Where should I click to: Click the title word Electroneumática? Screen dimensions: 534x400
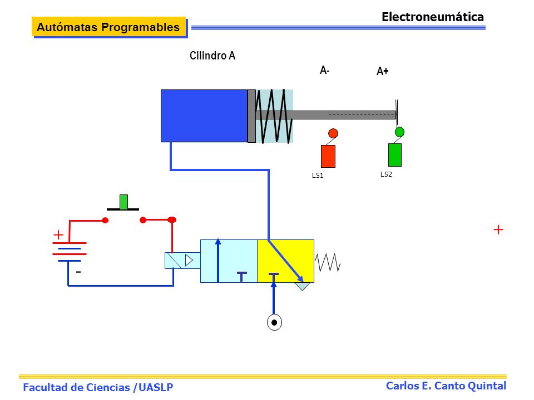tap(433, 17)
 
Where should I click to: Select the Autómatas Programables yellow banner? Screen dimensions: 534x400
tap(108, 27)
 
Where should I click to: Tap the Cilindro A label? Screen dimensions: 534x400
tap(212, 56)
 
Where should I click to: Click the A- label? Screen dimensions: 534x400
tap(324, 70)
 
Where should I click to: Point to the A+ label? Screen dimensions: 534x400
tap(383, 71)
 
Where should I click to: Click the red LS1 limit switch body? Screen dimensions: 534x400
tap(328, 156)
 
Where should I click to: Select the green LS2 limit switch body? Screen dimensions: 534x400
tap(395, 155)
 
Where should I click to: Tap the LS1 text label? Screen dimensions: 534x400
tap(318, 175)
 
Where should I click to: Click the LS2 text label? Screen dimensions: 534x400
tap(386, 174)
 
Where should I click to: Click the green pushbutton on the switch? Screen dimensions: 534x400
tap(123, 202)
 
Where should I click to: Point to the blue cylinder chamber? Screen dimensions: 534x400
tap(204, 116)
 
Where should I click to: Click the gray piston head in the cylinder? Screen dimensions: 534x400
tap(251, 116)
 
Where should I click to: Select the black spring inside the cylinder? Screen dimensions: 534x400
tap(274, 116)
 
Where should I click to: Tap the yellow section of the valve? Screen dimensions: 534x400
tap(285, 261)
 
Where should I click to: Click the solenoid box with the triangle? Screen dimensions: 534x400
tap(182, 261)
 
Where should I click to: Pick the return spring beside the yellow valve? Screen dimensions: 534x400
tap(327, 262)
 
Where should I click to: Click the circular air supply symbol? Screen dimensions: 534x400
tap(274, 322)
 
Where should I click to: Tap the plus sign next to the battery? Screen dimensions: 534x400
tap(58, 234)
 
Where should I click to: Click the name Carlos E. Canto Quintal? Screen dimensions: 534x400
tap(446, 386)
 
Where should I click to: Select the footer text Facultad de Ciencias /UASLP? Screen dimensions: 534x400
tap(98, 387)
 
